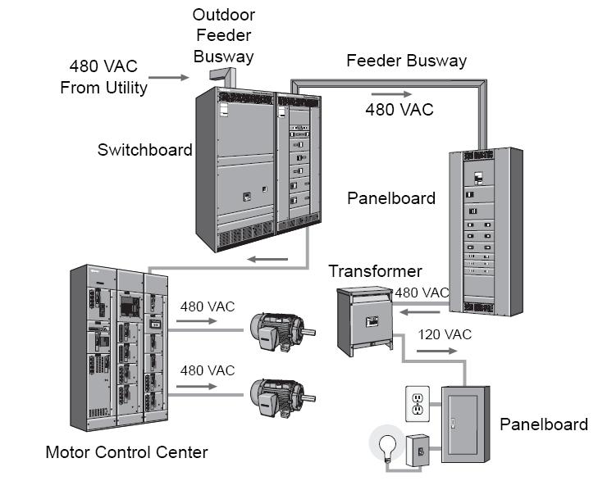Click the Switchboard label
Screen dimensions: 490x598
[x=144, y=150]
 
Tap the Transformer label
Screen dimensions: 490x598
[x=375, y=271]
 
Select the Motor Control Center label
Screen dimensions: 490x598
[x=126, y=451]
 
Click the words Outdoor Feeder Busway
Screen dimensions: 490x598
[x=223, y=37]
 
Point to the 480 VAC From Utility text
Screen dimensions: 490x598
[x=103, y=76]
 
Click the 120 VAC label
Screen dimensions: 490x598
[x=445, y=334]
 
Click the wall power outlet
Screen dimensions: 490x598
[x=417, y=402]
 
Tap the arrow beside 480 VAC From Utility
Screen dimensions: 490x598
[x=169, y=78]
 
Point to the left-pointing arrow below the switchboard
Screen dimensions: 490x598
[x=268, y=261]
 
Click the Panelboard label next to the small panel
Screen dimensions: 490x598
[x=544, y=424]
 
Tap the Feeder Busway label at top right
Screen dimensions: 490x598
[x=406, y=61]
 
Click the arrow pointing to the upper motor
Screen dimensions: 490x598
[x=199, y=323]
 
